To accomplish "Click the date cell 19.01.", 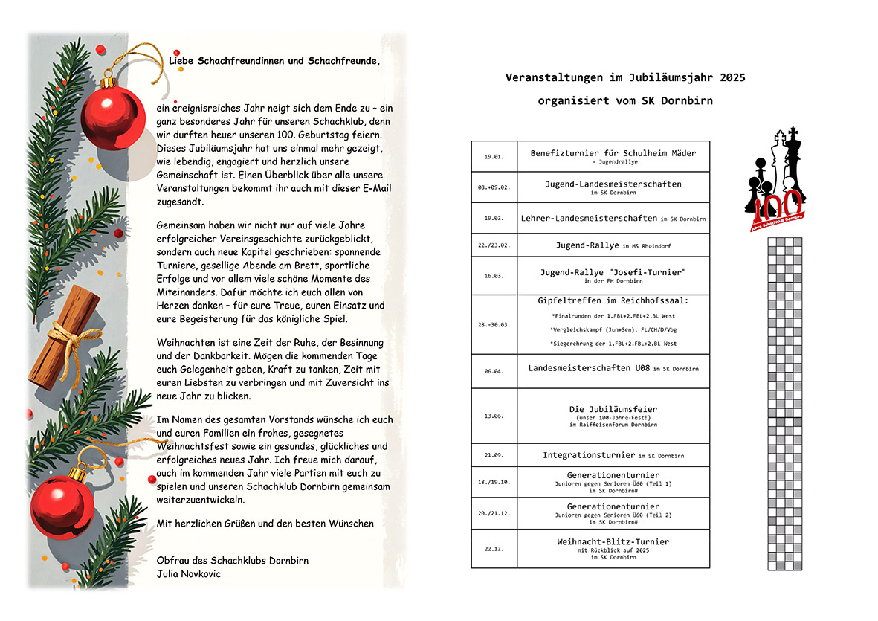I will click(494, 157).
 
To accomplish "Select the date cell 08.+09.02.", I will click(494, 187).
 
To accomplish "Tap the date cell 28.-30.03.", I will click(494, 325).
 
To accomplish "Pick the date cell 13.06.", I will click(494, 416).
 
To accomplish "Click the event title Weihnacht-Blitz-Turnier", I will click(613, 541).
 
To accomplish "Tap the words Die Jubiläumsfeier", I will click(613, 409).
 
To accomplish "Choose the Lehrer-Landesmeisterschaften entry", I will click(593, 218).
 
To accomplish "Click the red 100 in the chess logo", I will click(778, 203).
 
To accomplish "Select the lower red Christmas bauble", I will click(62, 507).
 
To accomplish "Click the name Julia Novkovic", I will click(189, 573).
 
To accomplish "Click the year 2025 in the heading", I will click(732, 77).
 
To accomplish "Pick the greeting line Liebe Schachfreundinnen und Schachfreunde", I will click(274, 60).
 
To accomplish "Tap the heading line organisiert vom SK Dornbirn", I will click(624, 100).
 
